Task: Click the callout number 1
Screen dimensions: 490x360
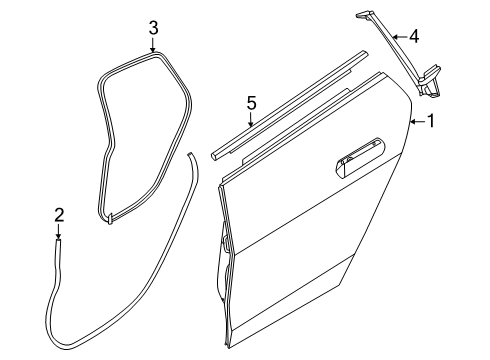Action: [431, 122]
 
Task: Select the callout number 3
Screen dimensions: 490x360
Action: [153, 28]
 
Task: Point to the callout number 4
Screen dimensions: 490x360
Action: [413, 37]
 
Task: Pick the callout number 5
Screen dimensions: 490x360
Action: [252, 101]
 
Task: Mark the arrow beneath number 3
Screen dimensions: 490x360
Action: [153, 50]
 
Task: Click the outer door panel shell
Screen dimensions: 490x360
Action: [310, 230]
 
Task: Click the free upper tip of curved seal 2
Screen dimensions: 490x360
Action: [191, 155]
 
